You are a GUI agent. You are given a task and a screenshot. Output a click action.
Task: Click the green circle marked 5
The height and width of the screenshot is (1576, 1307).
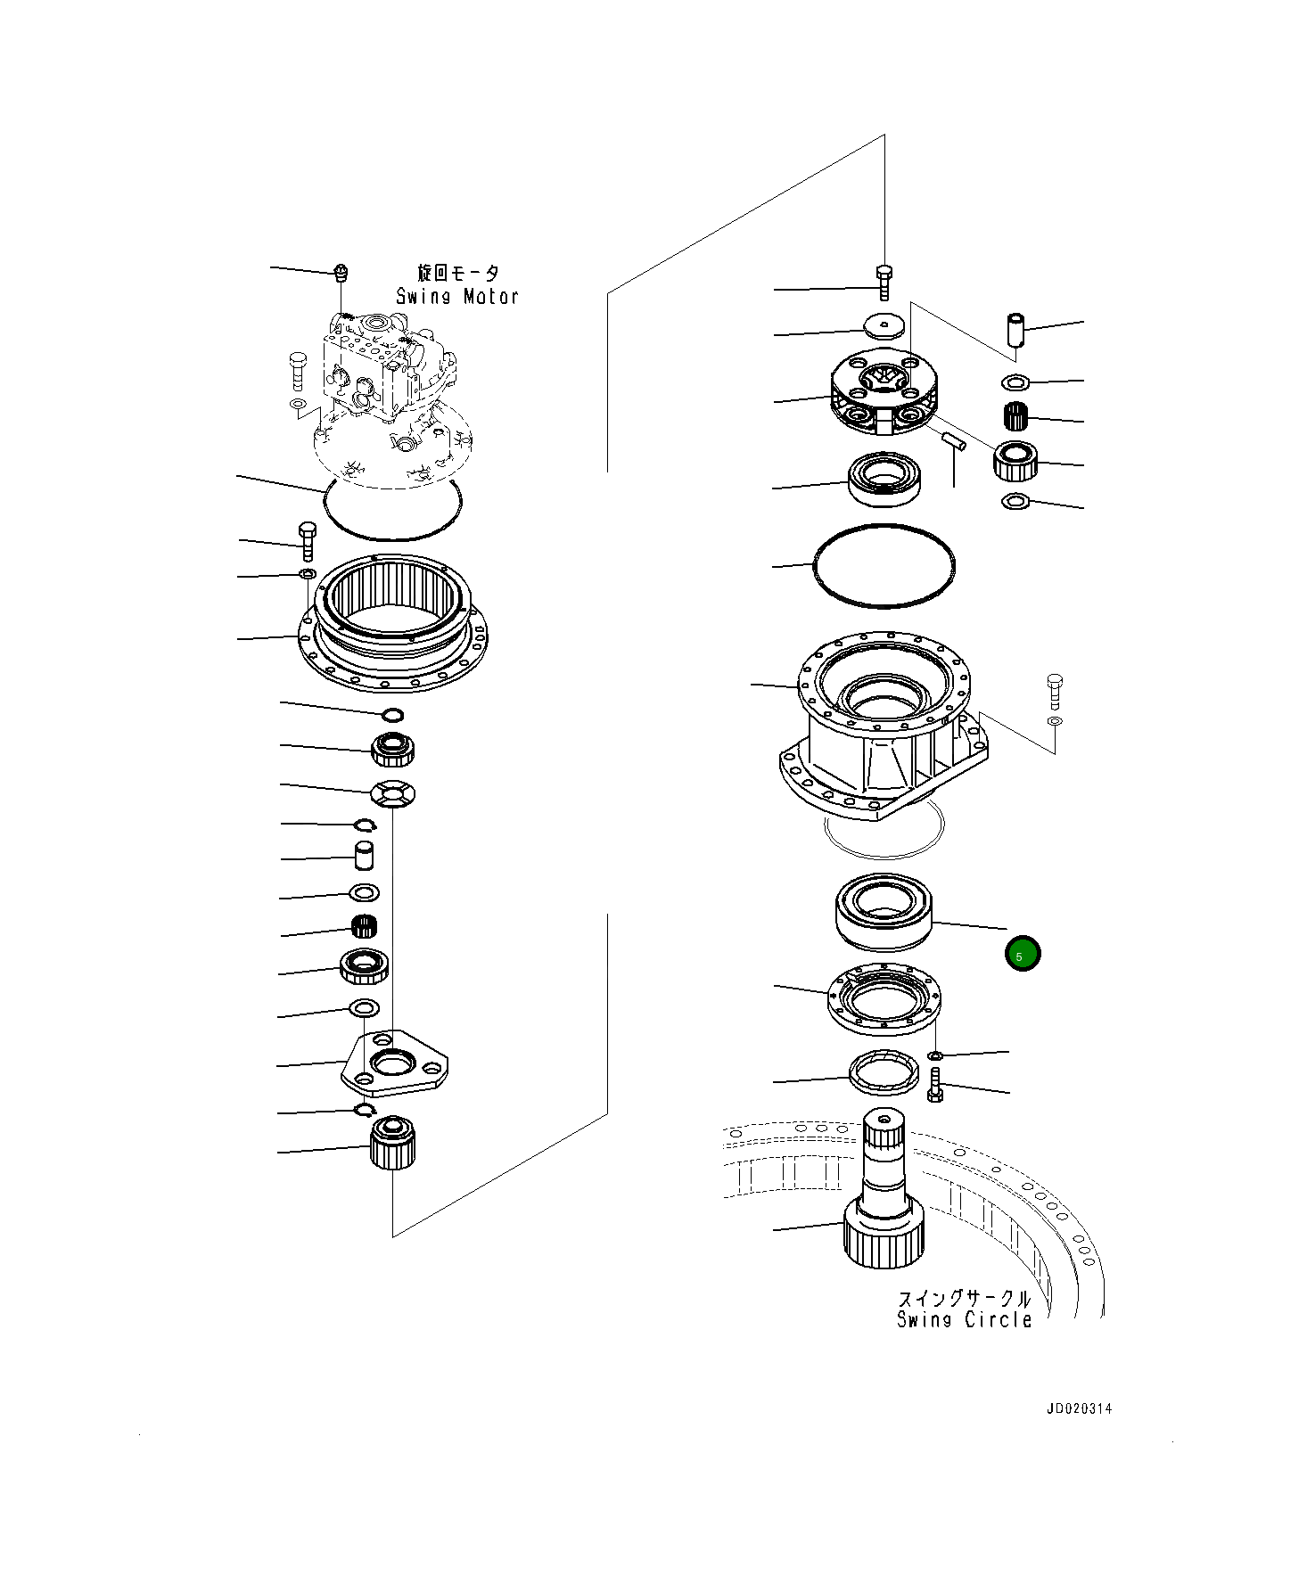point(1022,955)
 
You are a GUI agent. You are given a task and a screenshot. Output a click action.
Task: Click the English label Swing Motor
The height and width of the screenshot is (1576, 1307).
point(457,297)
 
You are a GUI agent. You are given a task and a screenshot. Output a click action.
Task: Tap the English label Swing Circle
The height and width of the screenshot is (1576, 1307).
point(964,1320)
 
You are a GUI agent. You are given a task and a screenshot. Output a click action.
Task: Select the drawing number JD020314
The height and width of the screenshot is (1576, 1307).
point(1079,1409)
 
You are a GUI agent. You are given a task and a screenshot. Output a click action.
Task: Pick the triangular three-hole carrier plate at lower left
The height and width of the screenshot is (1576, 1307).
point(395,1065)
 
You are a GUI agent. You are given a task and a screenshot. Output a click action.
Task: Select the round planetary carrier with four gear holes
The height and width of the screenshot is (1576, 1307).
point(882,392)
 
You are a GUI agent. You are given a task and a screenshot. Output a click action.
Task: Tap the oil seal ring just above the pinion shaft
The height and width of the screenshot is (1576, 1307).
point(883,1072)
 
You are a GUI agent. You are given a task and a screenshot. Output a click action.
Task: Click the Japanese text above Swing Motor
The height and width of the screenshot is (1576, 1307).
point(458,274)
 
